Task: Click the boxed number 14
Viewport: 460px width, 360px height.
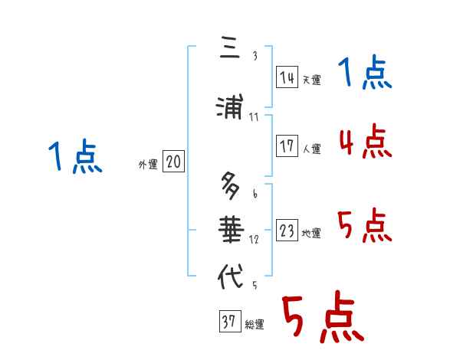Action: tap(287, 77)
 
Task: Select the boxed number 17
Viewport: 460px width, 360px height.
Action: tap(287, 146)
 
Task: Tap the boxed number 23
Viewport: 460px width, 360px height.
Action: tap(287, 231)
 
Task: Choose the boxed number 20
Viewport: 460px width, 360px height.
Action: tap(173, 162)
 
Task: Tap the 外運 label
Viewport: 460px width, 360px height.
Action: tap(147, 164)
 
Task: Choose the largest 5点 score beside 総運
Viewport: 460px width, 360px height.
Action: tap(322, 319)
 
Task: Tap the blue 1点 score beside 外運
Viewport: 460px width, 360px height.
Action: tap(76, 158)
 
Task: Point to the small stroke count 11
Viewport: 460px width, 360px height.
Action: tap(254, 118)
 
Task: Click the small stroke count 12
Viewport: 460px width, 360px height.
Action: tap(254, 240)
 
